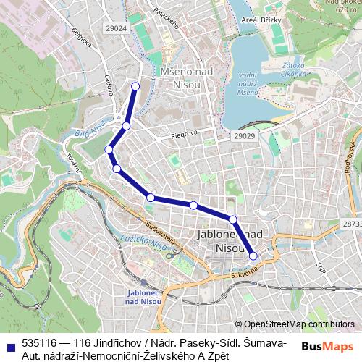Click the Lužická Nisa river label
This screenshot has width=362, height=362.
149,245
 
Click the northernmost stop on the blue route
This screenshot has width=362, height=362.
135,86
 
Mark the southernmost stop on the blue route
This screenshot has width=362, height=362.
253,255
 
